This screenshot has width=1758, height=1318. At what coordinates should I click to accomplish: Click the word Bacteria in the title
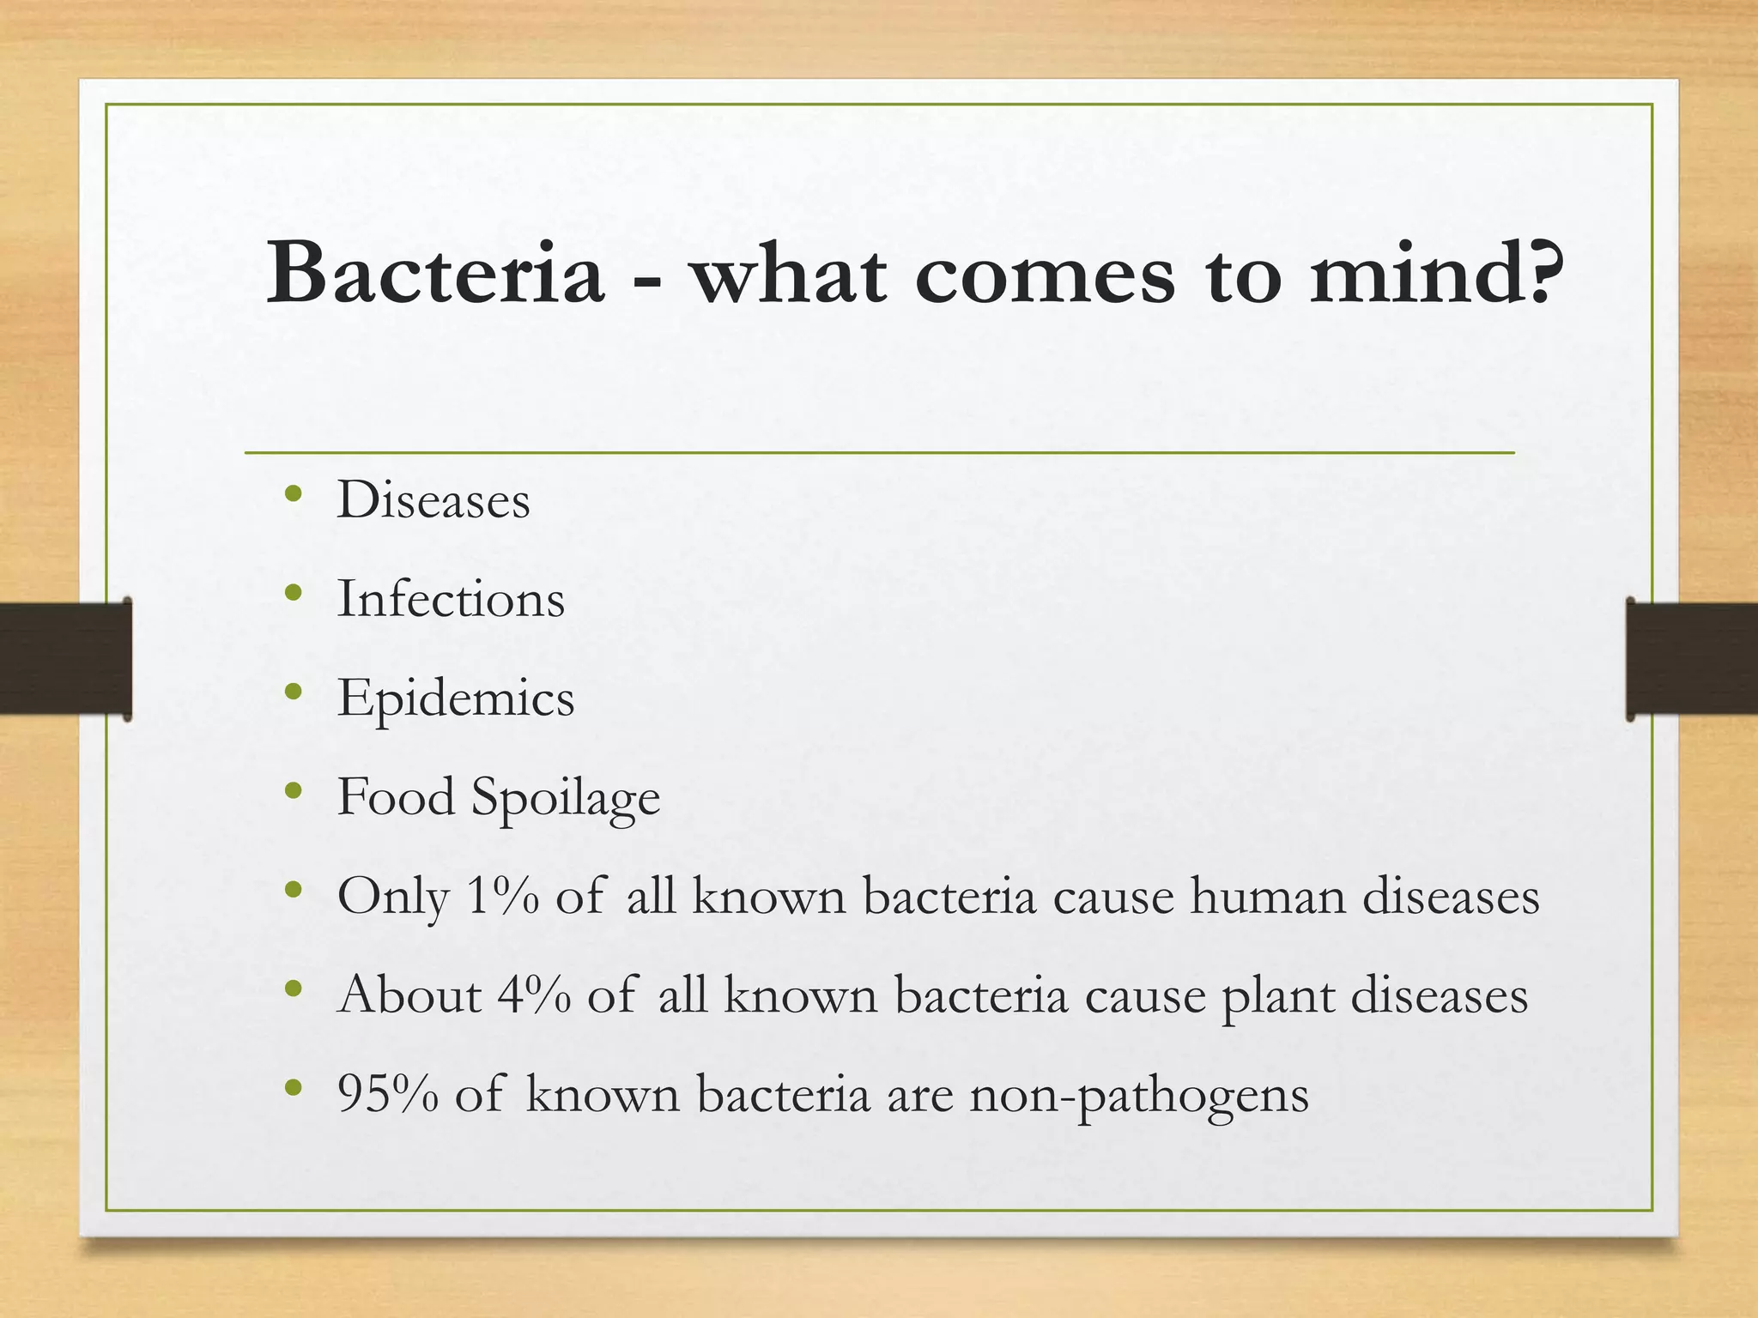pyautogui.click(x=434, y=273)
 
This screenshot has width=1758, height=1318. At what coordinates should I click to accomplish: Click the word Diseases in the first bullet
pyautogui.click(x=433, y=499)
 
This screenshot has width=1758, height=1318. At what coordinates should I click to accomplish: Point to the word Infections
pyautogui.click(x=451, y=598)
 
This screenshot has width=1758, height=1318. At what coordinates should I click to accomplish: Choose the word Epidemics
pyautogui.click(x=456, y=698)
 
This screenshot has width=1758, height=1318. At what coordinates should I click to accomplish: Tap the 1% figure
pyautogui.click(x=504, y=897)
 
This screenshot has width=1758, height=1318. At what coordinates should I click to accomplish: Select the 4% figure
pyautogui.click(x=535, y=995)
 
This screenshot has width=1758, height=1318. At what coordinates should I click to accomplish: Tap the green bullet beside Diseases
pyautogui.click(x=294, y=493)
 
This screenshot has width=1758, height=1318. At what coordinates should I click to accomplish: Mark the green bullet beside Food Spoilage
pyautogui.click(x=294, y=790)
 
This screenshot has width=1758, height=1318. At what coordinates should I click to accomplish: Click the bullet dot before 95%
pyautogui.click(x=294, y=1088)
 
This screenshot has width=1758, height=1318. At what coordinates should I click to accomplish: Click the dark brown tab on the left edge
pyautogui.click(x=65, y=659)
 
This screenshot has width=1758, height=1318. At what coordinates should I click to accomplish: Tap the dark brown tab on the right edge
pyautogui.click(x=1692, y=659)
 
